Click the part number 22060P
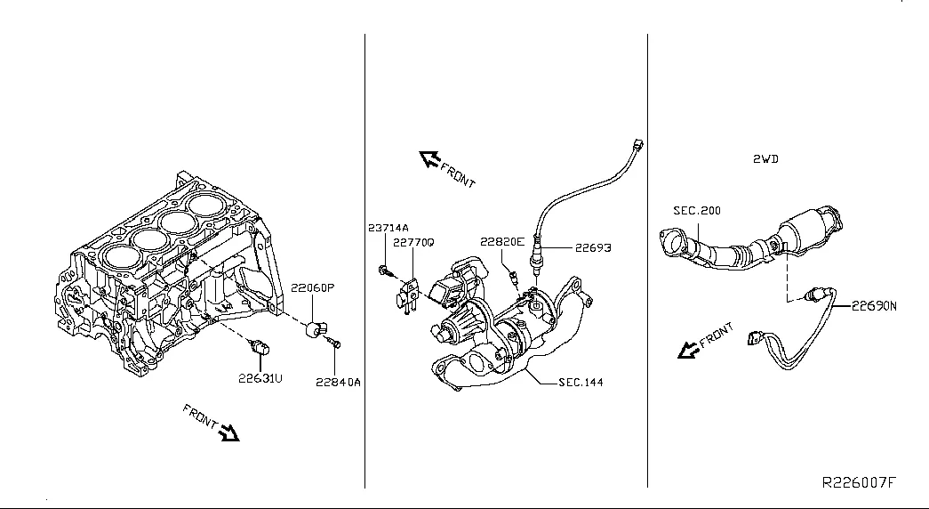[x=313, y=287]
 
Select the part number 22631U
[x=260, y=377]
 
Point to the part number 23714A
[x=388, y=228]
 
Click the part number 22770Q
[x=413, y=242]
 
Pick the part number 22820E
[x=502, y=241]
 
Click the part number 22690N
[x=875, y=305]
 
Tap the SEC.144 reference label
[x=581, y=383]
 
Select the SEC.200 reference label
[x=697, y=211]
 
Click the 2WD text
[x=765, y=159]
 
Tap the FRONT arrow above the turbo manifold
[x=431, y=160]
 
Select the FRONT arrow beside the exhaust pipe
[x=687, y=350]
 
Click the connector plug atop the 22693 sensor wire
[x=636, y=145]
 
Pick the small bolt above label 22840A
[x=333, y=341]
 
